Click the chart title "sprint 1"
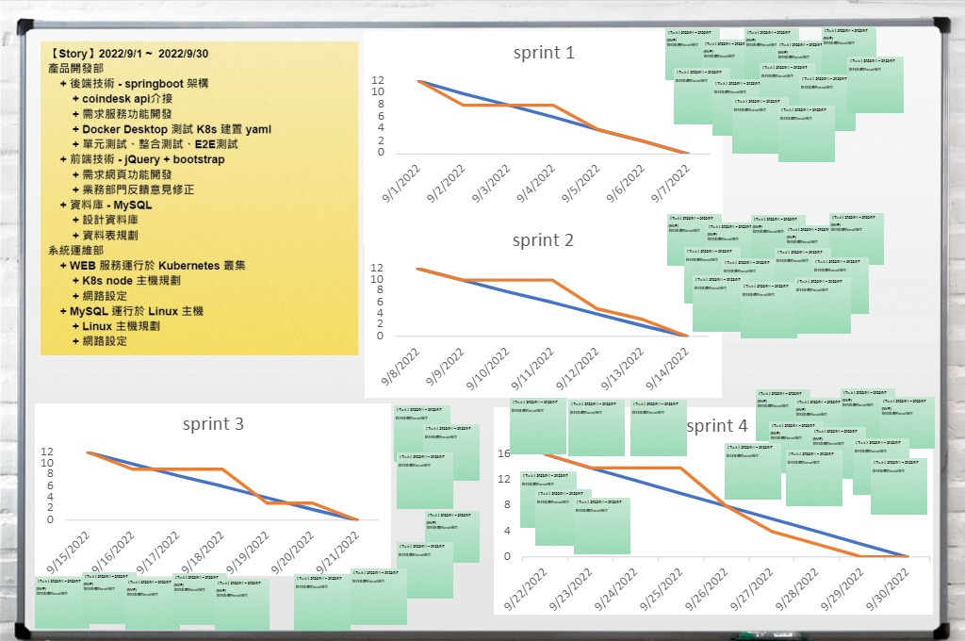(x=543, y=53)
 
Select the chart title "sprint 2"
(x=543, y=240)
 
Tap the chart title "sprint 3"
(x=213, y=424)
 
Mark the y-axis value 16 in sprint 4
(x=504, y=453)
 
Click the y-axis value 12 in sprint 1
(x=378, y=80)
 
